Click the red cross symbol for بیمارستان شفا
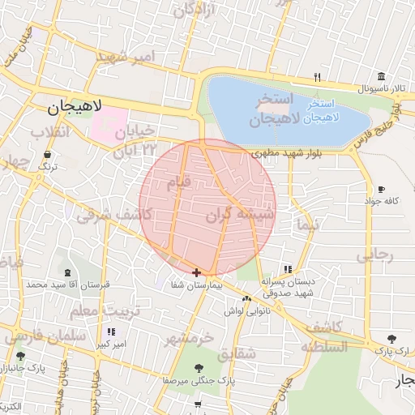[x=197, y=272]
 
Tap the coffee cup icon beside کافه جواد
[x=382, y=189]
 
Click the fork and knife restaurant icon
[x=318, y=78]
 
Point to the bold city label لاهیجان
[x=73, y=106]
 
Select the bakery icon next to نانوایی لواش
[x=246, y=298]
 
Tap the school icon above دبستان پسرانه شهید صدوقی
[x=287, y=269]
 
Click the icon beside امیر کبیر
[x=111, y=332]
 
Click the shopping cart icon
[x=198, y=404]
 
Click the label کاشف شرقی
[x=109, y=216]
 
